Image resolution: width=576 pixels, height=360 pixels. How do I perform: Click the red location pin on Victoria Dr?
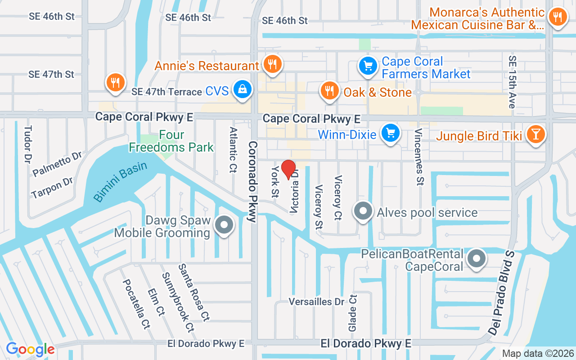(x=288, y=170)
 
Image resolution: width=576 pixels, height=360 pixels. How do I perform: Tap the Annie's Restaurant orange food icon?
(x=272, y=64)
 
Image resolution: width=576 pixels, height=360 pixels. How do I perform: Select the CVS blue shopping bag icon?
(x=243, y=90)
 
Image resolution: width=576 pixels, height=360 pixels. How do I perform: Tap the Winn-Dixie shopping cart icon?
(x=391, y=134)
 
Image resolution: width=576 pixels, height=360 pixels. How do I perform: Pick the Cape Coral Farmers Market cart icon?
(x=368, y=66)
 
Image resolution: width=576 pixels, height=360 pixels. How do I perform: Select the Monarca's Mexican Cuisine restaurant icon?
(x=558, y=17)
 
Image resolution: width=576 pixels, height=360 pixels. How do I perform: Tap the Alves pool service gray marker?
(x=363, y=211)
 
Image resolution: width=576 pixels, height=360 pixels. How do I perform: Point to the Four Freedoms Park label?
(x=171, y=141)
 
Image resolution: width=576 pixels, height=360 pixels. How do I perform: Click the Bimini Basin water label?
(x=120, y=181)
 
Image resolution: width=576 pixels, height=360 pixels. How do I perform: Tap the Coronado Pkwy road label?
(x=252, y=182)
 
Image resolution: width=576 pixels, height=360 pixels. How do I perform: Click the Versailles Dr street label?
(x=316, y=301)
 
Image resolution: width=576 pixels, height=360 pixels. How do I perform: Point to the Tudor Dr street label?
(x=28, y=144)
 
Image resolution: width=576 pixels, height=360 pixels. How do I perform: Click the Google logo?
(x=30, y=349)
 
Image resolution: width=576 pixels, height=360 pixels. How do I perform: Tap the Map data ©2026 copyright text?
(x=538, y=354)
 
